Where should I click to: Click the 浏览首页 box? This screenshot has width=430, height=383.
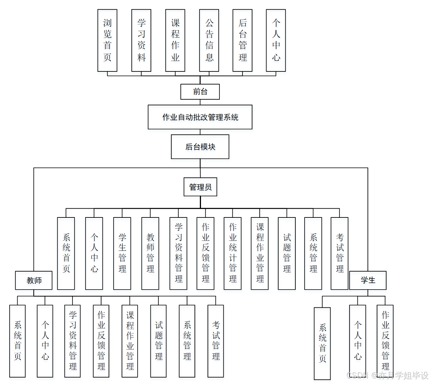[107, 40]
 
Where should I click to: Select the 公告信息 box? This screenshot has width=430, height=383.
[209, 40]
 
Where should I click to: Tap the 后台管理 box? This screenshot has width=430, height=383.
[242, 40]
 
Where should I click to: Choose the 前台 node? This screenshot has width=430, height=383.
[200, 92]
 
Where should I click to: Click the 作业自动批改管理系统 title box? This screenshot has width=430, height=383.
[200, 117]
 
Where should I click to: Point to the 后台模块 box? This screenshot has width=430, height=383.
[200, 147]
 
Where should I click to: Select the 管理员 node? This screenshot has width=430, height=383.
[200, 187]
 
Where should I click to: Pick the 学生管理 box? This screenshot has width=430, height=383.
[122, 253]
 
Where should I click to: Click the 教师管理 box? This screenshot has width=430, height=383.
[150, 253]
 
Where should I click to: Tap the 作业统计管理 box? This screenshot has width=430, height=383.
[232, 253]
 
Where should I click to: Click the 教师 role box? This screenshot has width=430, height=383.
[34, 280]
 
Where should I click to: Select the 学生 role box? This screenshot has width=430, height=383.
[367, 280]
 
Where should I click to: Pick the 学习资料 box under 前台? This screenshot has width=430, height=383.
[141, 40]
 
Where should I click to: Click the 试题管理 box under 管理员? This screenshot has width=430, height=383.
[287, 253]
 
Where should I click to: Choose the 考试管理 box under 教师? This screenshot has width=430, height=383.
[216, 341]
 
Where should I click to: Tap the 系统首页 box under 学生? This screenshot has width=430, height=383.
[322, 343]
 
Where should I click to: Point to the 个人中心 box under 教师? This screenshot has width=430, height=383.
[45, 341]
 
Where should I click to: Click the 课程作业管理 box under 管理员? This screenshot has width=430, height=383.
[260, 253]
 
